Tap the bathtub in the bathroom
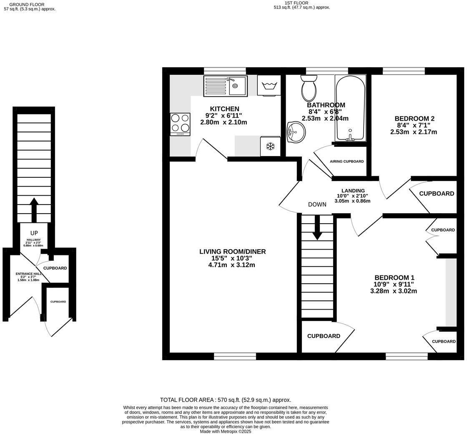pos(350,108)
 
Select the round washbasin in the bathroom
pos(296,132)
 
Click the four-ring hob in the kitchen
pos(180,124)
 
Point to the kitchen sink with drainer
pos(225,86)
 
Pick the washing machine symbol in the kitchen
pos(269,86)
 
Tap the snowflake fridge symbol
pos(270,146)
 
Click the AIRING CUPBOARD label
pos(346,161)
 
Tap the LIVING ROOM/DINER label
pos(232,252)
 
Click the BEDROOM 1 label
pos(394,278)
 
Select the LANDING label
pos(353,191)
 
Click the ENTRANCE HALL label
pos(28,274)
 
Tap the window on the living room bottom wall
pos(235,356)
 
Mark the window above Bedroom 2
pos(404,71)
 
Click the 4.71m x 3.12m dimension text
pos(232,265)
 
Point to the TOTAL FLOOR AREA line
pos(226,400)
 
